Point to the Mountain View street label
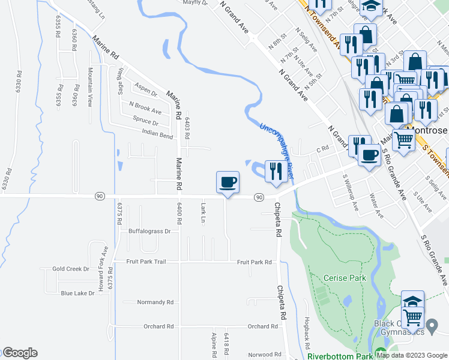90,87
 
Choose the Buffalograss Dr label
149,231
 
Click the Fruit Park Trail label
145,262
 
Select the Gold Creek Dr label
70,269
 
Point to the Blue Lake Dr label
77,293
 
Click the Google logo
19,353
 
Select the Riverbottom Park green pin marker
379,353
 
